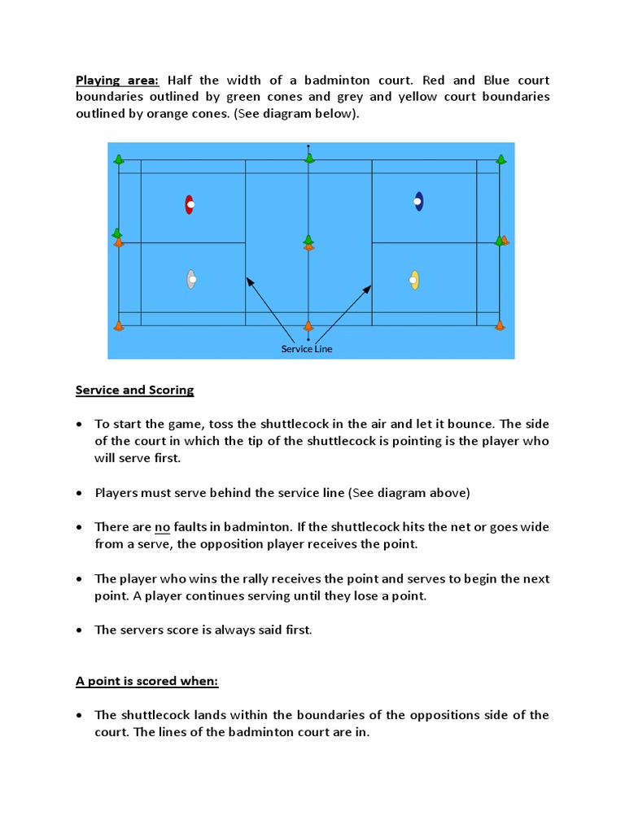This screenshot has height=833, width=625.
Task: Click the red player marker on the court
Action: point(189,204)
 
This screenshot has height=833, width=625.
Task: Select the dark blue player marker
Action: point(418,201)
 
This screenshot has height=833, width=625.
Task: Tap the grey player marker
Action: point(190,279)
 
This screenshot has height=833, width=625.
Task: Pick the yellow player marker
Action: point(414,280)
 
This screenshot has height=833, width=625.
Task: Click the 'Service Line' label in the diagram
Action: point(307,349)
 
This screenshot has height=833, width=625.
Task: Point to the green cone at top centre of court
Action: point(309,158)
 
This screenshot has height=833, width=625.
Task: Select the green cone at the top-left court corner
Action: point(120,159)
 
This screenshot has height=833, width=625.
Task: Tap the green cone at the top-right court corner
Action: point(500,159)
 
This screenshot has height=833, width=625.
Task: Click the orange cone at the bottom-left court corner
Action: point(119,326)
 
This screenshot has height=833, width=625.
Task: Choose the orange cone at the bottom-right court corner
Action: point(500,325)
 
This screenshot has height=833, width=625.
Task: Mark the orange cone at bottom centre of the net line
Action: point(308,326)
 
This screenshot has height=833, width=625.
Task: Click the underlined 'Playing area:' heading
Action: point(118,81)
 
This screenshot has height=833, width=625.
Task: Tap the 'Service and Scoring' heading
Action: point(134,390)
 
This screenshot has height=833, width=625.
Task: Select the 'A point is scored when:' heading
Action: point(146,682)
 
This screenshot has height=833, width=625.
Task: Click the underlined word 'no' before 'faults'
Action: point(162,527)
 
